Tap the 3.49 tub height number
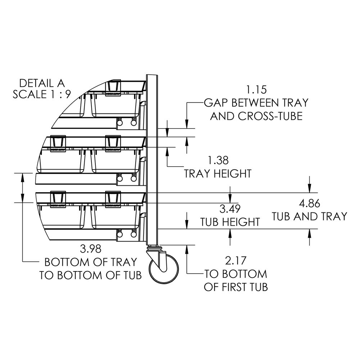pyautogui.click(x=230, y=208)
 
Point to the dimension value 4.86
pyautogui.click(x=310, y=203)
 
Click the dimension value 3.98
pyautogui.click(x=90, y=248)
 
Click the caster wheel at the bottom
pyautogui.click(x=164, y=268)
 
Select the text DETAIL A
pyautogui.click(x=42, y=83)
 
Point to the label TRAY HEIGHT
pyautogui.click(x=217, y=174)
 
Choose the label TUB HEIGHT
pyautogui.click(x=230, y=221)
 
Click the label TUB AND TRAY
pyautogui.click(x=309, y=216)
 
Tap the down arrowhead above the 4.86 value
pyautogui.click(x=309, y=189)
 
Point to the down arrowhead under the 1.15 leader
pyautogui.click(x=187, y=124)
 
